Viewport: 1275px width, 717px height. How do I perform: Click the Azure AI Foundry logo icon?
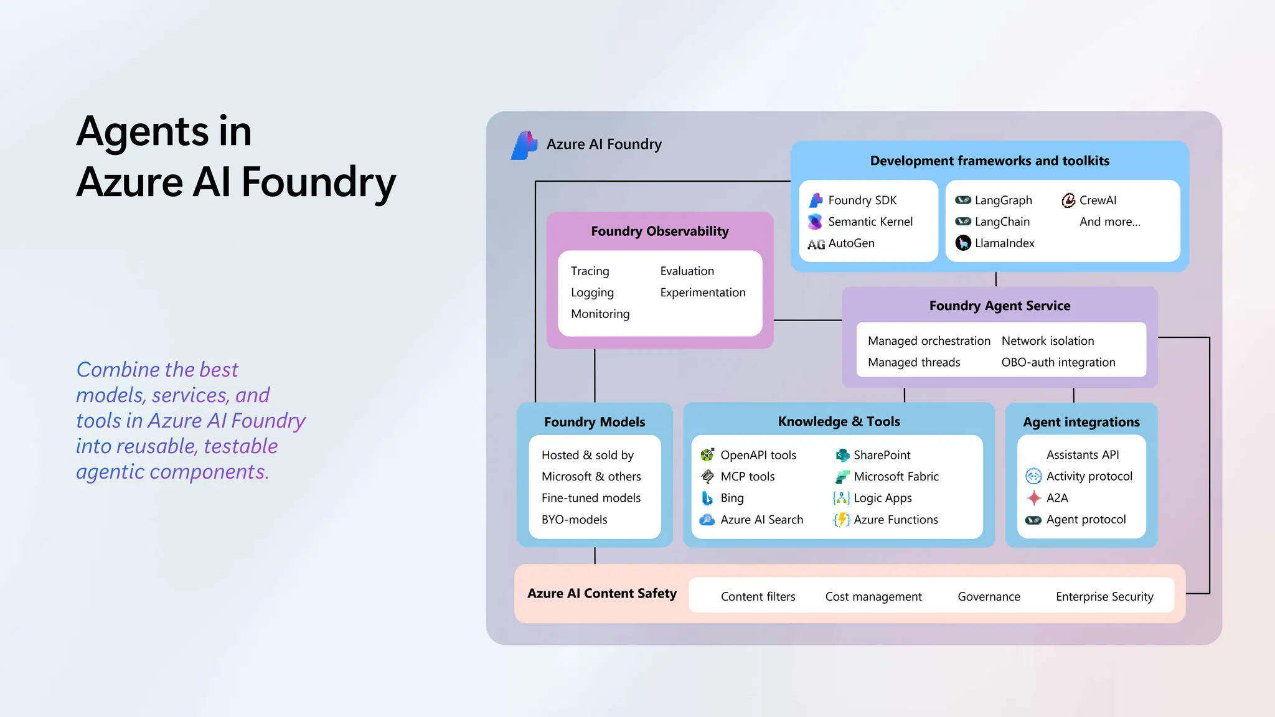[x=524, y=145]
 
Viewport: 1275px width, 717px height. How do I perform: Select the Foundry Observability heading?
[x=659, y=232]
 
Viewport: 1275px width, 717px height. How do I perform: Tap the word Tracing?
[x=590, y=271]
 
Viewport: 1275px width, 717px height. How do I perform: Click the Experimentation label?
[x=702, y=293]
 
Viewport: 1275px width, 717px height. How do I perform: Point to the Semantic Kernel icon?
[x=815, y=222]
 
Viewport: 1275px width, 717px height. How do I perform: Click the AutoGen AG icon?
[x=816, y=244]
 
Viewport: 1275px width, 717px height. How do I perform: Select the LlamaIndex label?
[x=1004, y=243]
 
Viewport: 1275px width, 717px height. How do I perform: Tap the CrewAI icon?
[x=1068, y=200]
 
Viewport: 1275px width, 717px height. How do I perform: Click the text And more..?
[x=1109, y=222]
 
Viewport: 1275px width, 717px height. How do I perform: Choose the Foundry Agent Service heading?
[x=999, y=306]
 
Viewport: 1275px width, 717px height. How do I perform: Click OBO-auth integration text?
[x=1058, y=362]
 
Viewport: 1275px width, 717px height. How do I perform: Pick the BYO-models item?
[x=574, y=520]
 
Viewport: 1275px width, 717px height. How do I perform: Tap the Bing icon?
[x=707, y=498]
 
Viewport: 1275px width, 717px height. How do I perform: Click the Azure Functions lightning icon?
[x=841, y=520]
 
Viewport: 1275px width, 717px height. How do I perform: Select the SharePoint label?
[x=882, y=455]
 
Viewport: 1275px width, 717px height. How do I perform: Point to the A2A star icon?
[x=1033, y=498]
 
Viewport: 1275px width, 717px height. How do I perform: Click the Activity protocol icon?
[x=1033, y=476]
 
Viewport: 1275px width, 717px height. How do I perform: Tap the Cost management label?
[x=873, y=597]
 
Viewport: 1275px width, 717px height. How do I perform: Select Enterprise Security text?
[x=1104, y=597]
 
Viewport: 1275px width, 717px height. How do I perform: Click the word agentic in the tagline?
[x=110, y=472]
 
